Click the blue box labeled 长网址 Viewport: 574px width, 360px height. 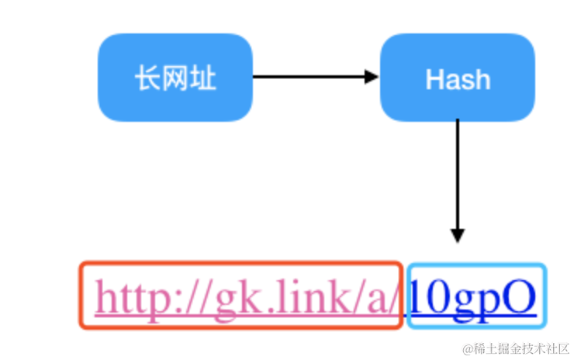175,78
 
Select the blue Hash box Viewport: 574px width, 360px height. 457,78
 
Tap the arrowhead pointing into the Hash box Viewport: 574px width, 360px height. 372,77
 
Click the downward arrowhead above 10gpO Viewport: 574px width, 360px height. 457,236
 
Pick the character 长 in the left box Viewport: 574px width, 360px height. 148,78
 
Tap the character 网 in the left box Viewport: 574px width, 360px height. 175,78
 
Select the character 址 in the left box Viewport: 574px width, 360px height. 202,78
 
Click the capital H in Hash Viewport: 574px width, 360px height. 434,79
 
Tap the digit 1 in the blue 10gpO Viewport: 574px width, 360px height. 417,297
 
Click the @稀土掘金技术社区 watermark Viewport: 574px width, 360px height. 516,348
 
